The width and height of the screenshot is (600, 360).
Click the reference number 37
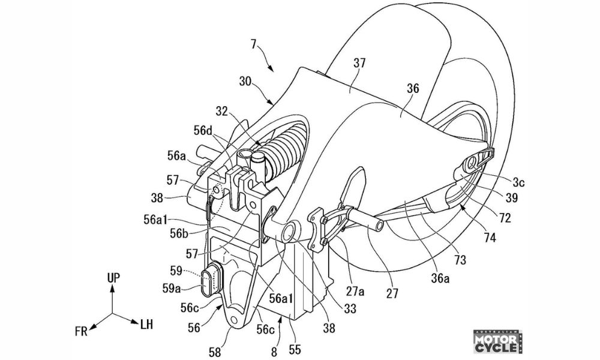point(359,63)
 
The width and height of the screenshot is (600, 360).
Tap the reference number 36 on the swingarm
point(413,89)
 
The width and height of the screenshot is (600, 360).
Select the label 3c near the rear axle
point(518,183)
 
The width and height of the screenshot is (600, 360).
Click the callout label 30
point(246,82)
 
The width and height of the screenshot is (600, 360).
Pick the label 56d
point(203,130)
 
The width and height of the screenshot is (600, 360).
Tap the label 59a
point(172,287)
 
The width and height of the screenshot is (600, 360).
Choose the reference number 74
point(490,238)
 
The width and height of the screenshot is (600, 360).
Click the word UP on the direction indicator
point(113,278)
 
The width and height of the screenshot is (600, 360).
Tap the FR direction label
point(81,331)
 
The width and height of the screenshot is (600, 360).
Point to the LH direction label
point(146,325)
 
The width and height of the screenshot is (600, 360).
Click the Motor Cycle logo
point(498,341)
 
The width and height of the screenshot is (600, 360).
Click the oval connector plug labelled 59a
point(210,280)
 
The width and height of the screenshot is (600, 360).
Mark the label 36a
point(440,279)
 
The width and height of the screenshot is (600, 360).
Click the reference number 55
point(295,349)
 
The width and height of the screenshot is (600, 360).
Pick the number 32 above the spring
point(221,112)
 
